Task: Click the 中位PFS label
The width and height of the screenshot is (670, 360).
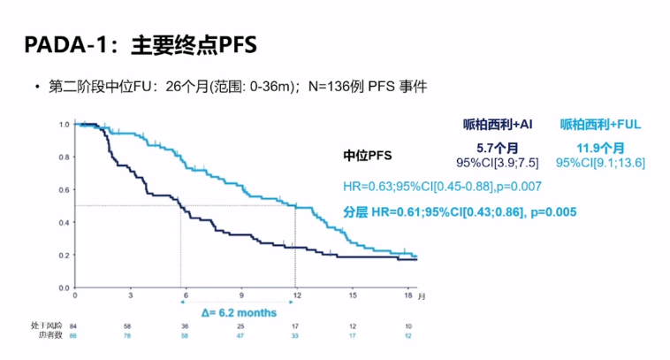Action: coord(368,156)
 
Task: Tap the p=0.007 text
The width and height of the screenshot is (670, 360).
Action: coord(516,186)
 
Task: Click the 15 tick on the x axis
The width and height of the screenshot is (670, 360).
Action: coord(352,294)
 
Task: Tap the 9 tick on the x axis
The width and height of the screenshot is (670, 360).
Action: coord(240,294)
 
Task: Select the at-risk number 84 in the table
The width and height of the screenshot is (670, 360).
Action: coord(75,326)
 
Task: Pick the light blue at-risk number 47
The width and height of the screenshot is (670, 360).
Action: coord(240,336)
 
